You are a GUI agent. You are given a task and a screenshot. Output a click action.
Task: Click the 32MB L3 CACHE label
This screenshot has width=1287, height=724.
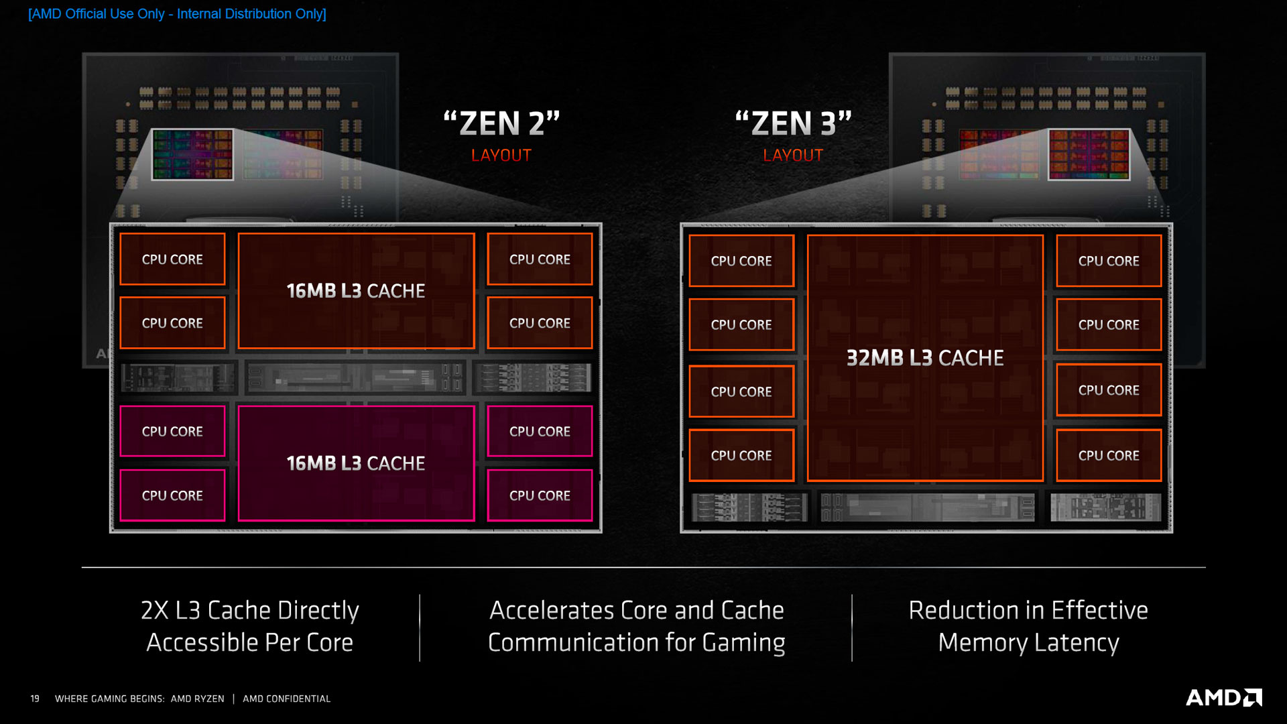924,358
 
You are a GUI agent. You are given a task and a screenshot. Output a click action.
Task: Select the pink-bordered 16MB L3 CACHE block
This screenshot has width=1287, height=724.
356,463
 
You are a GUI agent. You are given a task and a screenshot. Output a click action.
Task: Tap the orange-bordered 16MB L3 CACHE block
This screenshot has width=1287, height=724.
356,291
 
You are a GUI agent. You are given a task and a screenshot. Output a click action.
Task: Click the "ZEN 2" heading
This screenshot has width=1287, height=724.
501,124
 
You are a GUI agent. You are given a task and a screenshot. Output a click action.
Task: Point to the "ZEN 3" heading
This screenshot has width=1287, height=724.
793,124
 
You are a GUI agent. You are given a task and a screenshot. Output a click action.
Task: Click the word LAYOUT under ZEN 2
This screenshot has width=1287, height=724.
501,156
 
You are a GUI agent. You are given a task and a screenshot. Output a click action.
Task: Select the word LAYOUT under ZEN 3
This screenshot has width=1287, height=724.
793,156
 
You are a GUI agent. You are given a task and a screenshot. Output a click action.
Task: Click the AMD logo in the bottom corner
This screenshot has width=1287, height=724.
1223,698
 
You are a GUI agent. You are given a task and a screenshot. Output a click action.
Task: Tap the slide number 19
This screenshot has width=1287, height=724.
35,699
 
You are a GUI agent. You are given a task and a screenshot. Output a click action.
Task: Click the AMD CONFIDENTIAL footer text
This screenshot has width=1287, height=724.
286,699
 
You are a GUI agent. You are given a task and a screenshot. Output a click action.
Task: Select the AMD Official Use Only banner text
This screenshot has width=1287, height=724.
177,14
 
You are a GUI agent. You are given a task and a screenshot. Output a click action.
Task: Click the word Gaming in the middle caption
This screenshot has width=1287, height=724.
743,642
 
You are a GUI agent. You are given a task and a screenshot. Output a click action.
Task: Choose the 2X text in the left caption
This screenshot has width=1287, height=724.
155,610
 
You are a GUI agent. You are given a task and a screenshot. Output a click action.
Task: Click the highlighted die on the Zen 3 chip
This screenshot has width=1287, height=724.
1089,155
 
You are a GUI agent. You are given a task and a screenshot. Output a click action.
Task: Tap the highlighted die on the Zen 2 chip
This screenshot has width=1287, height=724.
193,155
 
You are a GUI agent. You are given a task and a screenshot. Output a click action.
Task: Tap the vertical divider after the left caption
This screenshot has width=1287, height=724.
420,627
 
